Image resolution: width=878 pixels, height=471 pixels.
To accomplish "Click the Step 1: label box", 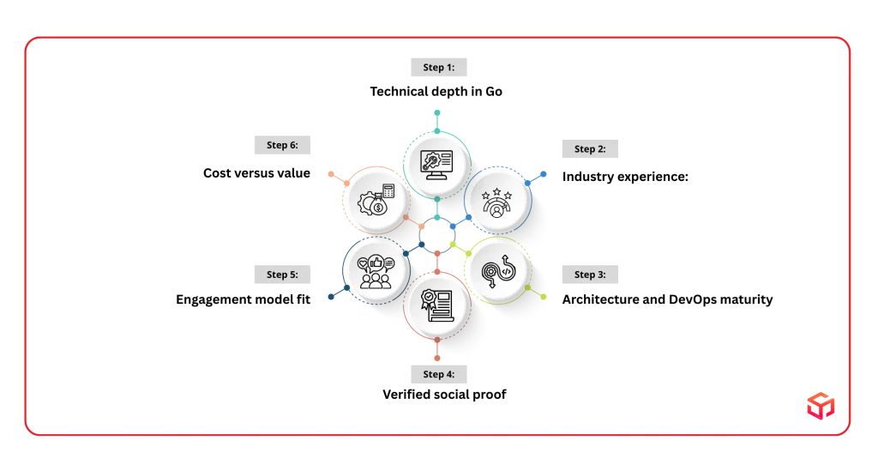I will click(x=439, y=69).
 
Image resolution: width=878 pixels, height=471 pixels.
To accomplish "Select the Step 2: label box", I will click(x=589, y=150).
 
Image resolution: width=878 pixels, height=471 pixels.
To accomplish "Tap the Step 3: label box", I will click(x=589, y=275).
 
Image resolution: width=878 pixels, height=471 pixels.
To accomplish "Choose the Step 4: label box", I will click(x=439, y=374).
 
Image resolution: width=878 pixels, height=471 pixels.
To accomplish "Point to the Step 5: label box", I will click(x=283, y=275).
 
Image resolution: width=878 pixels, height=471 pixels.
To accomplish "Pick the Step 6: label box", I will click(x=283, y=145).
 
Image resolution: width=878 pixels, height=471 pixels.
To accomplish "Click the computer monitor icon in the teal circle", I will click(x=437, y=163).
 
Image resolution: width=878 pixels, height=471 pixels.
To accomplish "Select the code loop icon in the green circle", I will click(x=497, y=270).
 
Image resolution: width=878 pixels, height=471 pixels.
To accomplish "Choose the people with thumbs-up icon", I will click(x=374, y=269).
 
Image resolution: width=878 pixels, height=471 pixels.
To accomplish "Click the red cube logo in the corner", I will click(x=819, y=408).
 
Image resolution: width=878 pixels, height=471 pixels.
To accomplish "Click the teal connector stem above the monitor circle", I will click(x=437, y=121).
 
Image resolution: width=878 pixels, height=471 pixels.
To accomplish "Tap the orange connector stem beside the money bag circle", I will click(x=337, y=178).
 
